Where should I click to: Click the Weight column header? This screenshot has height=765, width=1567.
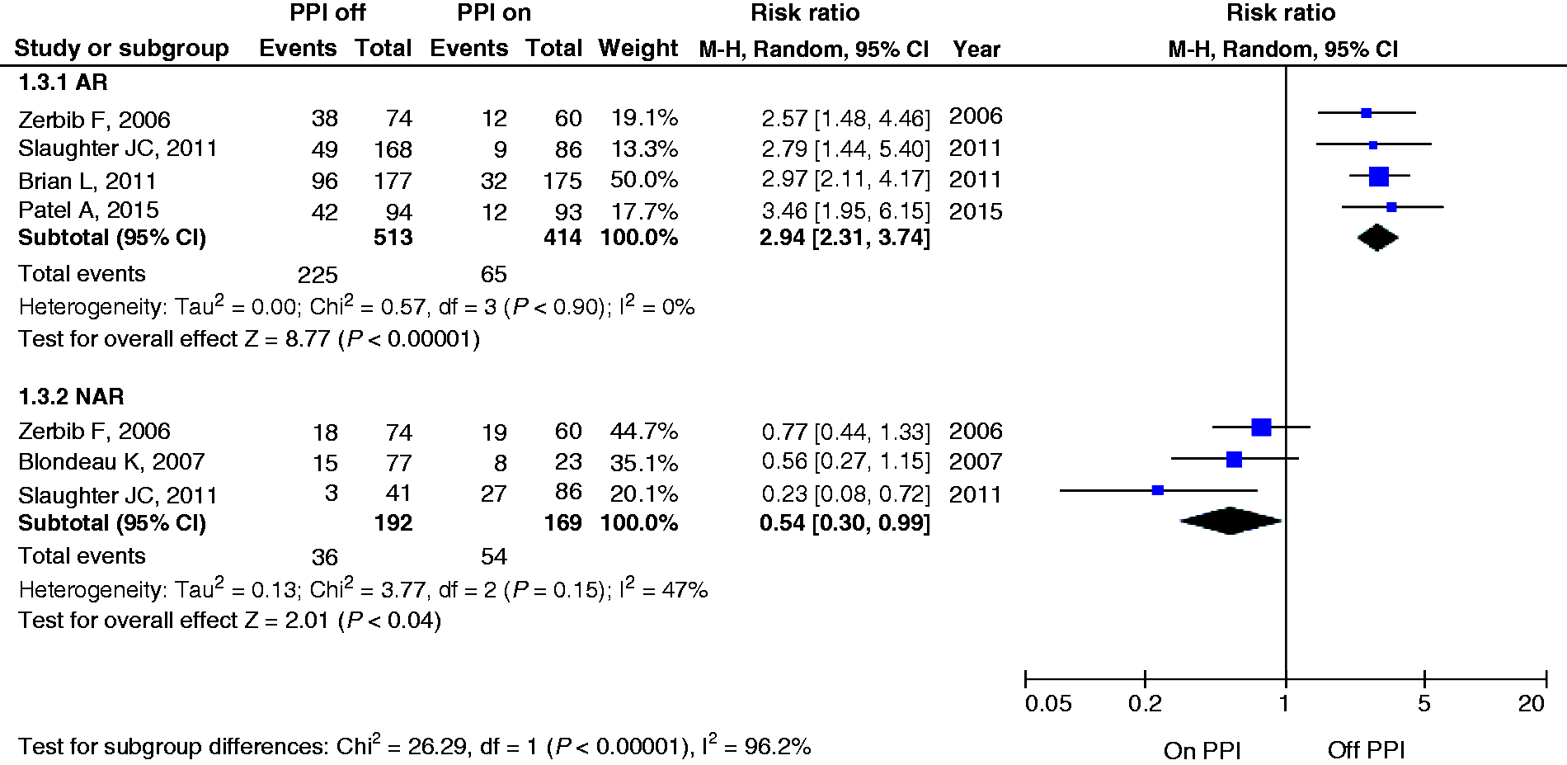point(638,49)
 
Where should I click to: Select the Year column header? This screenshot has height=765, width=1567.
point(976,50)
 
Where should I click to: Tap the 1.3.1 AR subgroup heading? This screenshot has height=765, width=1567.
point(64,83)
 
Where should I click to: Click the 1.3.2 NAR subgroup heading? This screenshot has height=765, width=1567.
point(71,397)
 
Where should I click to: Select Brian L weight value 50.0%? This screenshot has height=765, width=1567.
point(644,180)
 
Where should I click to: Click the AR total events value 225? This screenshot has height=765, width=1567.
point(318,275)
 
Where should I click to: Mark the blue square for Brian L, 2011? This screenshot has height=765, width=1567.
point(1378,176)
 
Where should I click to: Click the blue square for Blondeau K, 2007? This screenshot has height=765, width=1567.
point(1234,459)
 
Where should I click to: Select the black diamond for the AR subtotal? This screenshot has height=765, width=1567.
point(1377,238)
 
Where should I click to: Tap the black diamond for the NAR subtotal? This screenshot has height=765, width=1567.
point(1231,521)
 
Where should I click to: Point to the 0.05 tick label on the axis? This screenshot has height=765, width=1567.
point(1048,704)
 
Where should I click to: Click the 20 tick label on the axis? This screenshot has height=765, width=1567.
point(1532,704)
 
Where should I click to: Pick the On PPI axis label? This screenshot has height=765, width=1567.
point(1202,751)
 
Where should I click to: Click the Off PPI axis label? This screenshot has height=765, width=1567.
point(1366,751)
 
